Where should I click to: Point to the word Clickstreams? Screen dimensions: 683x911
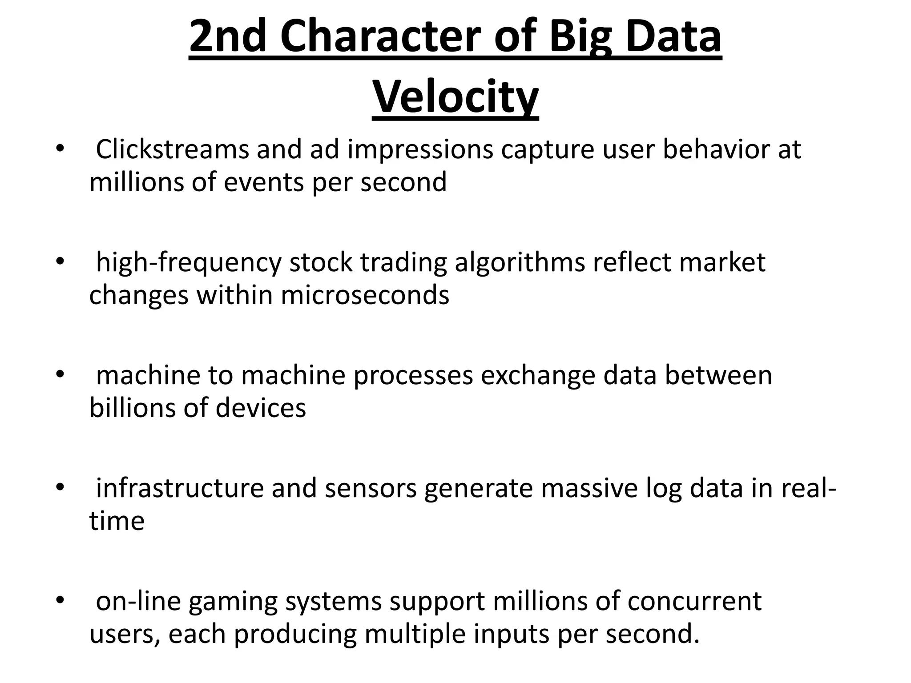point(172,149)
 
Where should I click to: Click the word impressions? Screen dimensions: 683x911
point(420,150)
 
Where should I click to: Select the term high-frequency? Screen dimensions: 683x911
point(189,263)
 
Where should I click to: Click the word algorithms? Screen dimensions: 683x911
point(520,263)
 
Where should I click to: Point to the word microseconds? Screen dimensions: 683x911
point(365,295)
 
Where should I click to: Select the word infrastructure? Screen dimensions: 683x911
point(180,488)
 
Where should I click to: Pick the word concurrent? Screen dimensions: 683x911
point(694,601)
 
